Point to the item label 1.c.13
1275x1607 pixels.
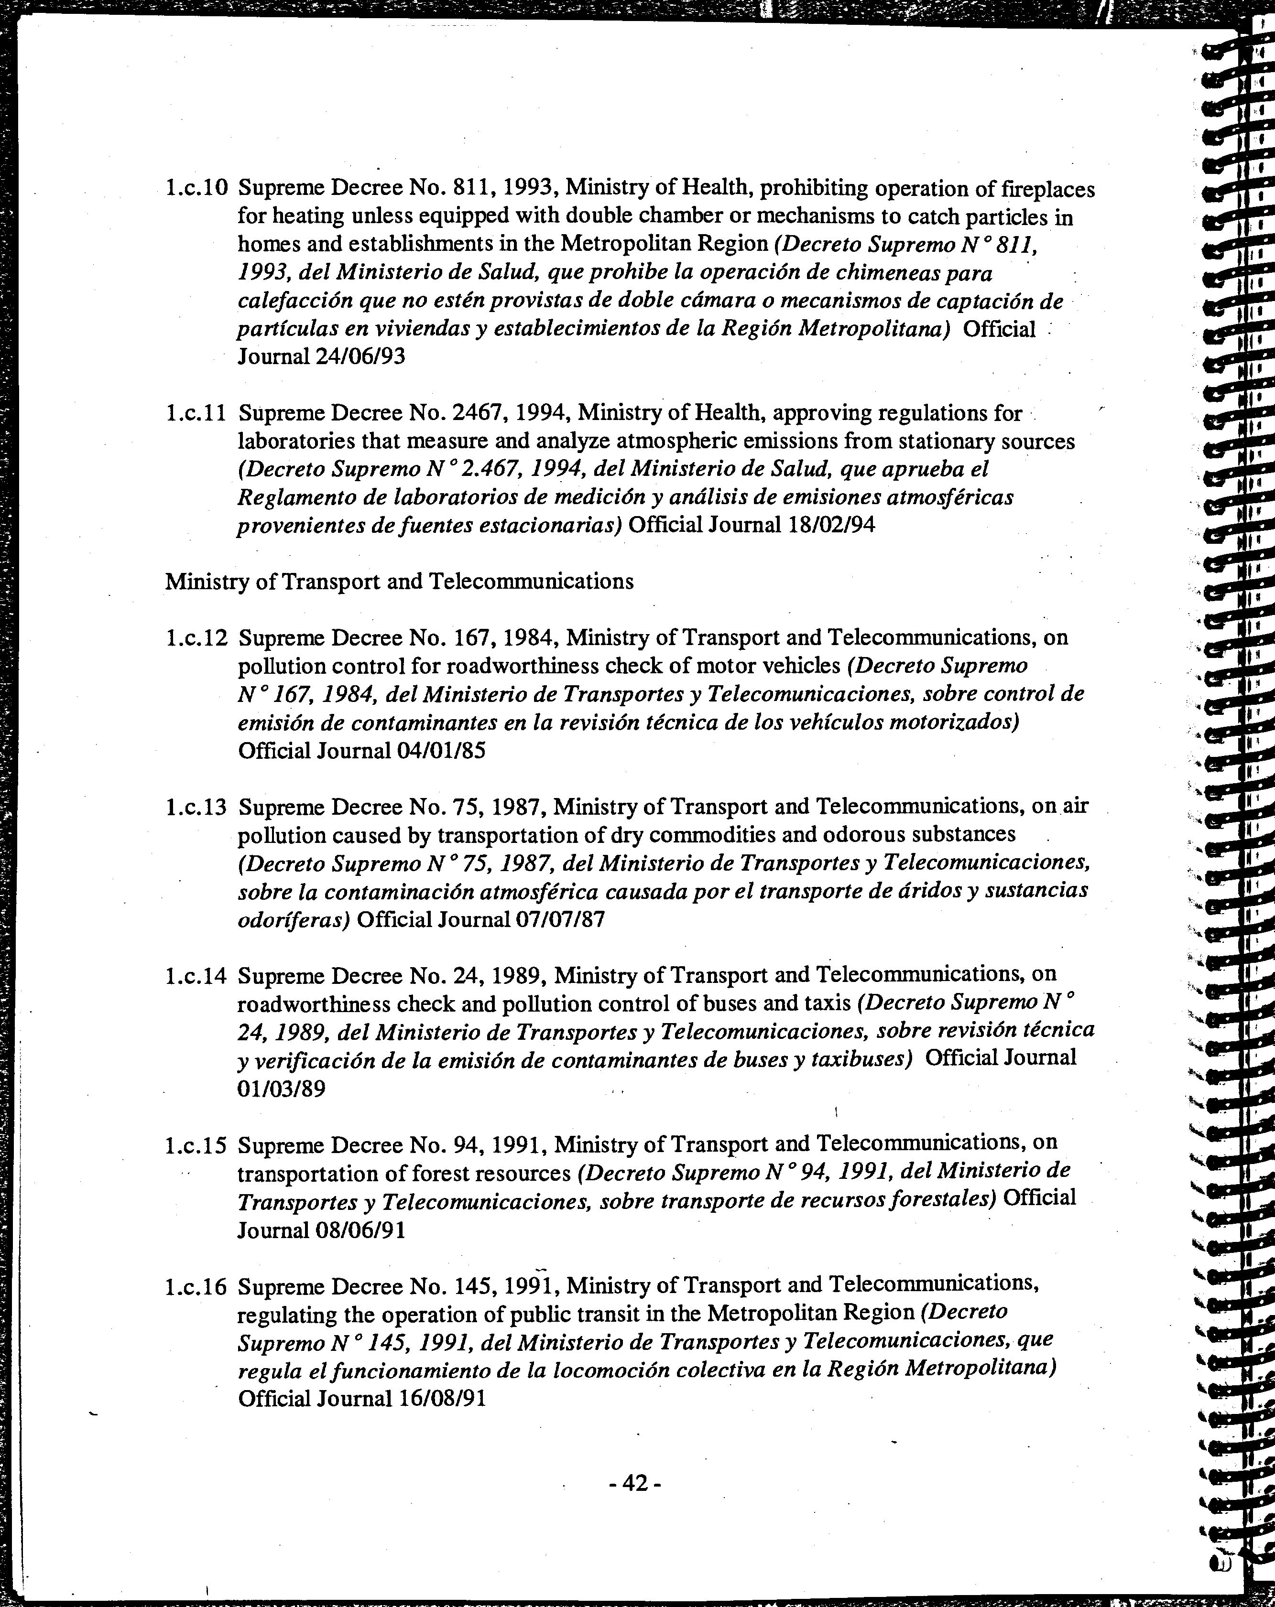tap(196, 807)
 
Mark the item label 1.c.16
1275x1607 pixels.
tap(196, 1286)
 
